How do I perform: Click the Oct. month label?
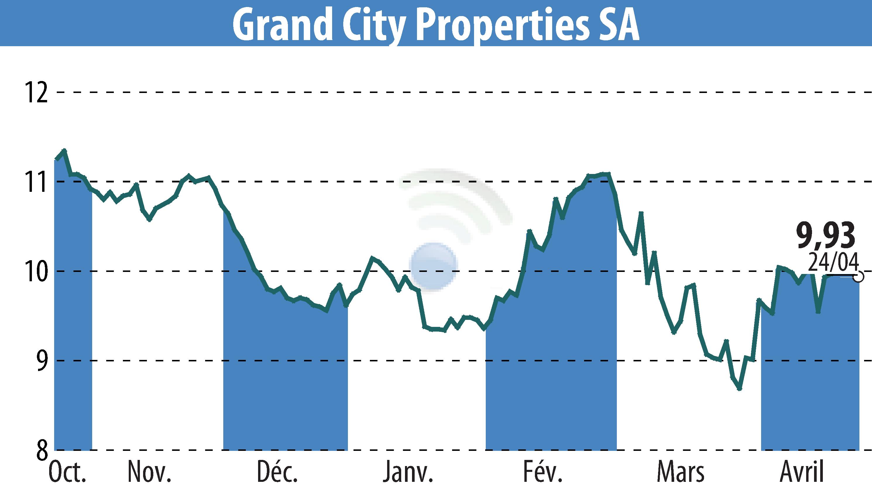coord(67,472)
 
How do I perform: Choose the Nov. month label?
coord(149,472)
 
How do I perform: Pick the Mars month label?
coord(680,472)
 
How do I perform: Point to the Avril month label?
coord(802,472)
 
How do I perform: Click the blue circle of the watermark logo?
coord(433,266)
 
